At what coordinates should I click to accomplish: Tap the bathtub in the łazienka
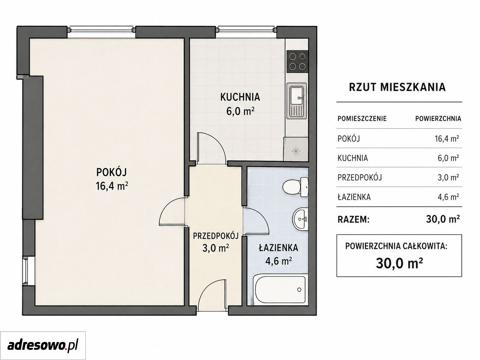click(279, 289)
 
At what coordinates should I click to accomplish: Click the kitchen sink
click(297, 101)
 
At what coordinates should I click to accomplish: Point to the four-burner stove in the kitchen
click(297, 61)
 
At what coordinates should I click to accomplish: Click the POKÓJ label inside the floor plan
click(111, 172)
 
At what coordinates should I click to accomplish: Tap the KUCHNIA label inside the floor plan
click(240, 97)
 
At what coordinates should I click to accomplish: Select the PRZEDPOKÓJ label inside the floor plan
click(216, 236)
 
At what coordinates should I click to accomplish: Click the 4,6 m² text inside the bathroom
click(278, 261)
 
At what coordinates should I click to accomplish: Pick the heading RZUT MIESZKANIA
click(397, 87)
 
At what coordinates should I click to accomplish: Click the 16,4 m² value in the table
click(447, 139)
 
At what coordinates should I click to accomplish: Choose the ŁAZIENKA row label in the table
click(354, 197)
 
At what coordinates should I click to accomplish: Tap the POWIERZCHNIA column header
click(438, 119)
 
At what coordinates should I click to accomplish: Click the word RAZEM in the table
click(353, 220)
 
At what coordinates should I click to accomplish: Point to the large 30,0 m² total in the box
click(399, 264)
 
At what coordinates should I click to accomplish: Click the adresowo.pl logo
click(43, 346)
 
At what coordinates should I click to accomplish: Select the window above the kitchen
click(246, 30)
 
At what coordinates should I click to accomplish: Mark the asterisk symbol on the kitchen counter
click(295, 151)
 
